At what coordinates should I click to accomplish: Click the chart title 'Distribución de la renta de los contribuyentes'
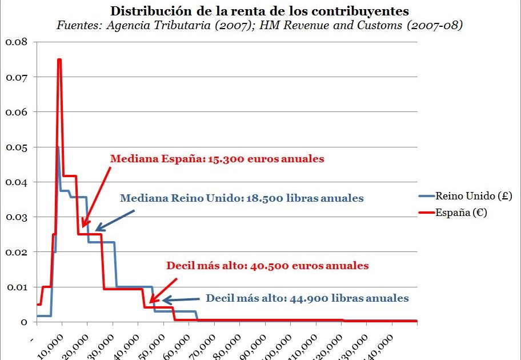[x=259, y=11]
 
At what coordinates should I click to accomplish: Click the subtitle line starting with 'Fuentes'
[x=259, y=26]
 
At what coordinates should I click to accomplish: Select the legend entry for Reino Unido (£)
[x=474, y=196]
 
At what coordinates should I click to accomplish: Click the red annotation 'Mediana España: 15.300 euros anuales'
[x=217, y=159]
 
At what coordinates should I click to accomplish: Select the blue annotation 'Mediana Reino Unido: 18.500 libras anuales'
[x=242, y=198]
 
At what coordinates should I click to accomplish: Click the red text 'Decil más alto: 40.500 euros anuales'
[x=267, y=266]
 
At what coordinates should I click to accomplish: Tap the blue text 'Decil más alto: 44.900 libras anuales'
[x=307, y=298]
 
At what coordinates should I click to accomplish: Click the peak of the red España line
[x=59, y=59]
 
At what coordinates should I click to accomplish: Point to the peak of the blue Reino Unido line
[x=58, y=147]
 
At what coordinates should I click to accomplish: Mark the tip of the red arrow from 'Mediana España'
[x=82, y=227]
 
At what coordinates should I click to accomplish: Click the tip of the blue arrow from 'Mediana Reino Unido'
[x=95, y=230]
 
